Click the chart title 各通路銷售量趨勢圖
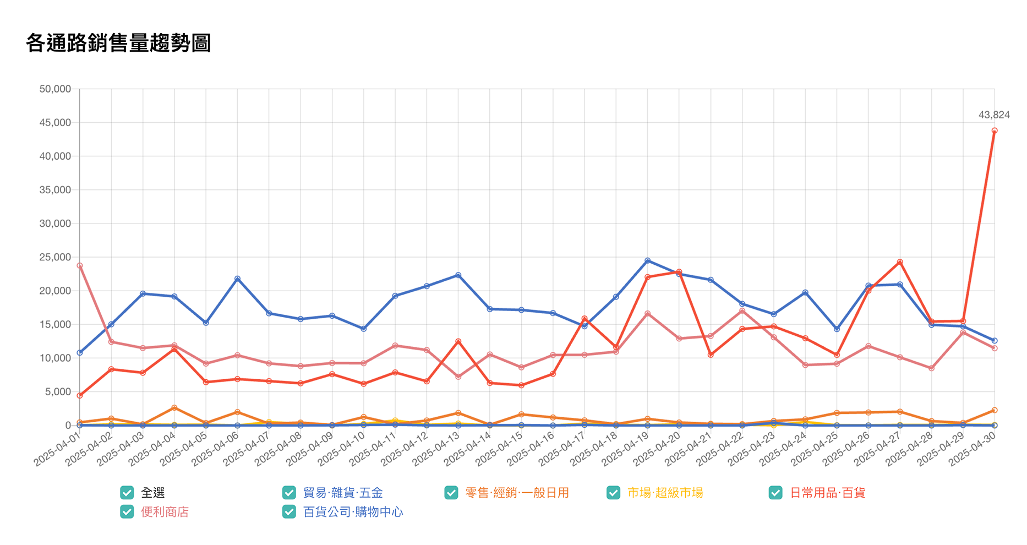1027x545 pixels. tap(118, 43)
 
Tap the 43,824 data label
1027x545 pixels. tap(993, 115)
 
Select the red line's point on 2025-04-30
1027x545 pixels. tap(994, 131)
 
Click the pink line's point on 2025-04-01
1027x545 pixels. tap(80, 266)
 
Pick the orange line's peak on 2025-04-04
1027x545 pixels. tap(174, 408)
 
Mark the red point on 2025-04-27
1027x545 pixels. tap(900, 262)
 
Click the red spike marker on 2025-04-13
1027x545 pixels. tap(458, 341)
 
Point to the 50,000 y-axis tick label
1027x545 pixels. tap(55, 89)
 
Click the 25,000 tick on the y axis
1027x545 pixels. tap(55, 257)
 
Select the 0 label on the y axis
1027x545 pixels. tap(68, 426)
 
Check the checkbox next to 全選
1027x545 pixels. tap(127, 493)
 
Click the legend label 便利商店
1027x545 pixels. tap(165, 512)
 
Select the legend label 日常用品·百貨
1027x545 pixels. tap(827, 493)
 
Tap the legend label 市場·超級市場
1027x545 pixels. tap(665, 493)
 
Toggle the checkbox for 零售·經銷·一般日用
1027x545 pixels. tap(451, 493)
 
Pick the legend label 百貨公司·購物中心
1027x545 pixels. tap(353, 512)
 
